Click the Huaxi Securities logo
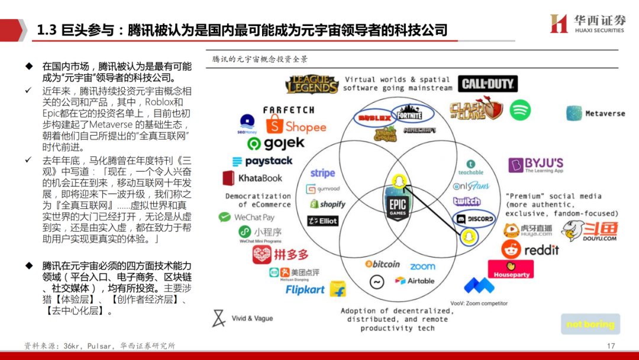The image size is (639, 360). point(587,24)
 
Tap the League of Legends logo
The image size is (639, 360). point(312,85)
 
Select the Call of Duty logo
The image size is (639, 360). point(488,84)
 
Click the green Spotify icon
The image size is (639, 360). point(520,110)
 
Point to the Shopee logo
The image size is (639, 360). point(296,126)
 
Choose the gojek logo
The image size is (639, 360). point(276,143)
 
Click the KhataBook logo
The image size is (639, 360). point(253,178)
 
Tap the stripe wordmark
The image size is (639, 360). point(322,173)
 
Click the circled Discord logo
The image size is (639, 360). point(475,219)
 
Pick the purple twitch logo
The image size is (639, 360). point(467,201)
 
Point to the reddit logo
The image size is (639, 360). point(530,250)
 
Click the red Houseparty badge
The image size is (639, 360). point(511,269)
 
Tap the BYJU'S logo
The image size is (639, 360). point(536,165)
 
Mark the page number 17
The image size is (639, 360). point(611,346)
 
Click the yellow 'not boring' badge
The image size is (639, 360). point(590,324)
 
